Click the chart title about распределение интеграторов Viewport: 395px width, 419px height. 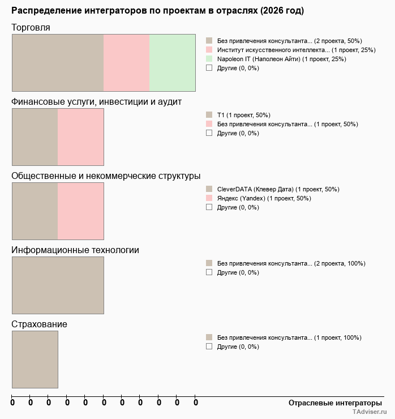157,11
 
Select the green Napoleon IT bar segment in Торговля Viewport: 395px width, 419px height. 172,62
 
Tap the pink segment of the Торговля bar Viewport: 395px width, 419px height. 126,62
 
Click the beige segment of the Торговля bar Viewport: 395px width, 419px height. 58,62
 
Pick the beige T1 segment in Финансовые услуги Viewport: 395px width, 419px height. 35,136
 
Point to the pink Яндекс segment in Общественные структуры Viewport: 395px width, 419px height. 80,211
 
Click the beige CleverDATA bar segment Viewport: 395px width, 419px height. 35,211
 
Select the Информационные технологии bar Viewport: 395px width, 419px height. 58,285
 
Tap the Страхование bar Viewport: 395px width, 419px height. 35,359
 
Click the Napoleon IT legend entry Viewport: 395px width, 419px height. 281,59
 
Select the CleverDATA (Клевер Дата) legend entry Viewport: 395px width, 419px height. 278,189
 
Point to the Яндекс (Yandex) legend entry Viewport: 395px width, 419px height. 264,198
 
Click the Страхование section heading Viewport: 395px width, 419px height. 39,324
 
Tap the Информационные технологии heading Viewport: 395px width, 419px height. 75,250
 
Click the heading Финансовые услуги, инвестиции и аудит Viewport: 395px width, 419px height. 96,102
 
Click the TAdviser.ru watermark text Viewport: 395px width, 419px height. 370,412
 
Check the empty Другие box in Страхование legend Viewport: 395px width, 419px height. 209,347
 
